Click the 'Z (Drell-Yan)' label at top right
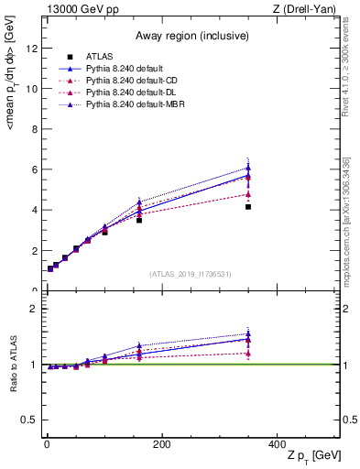click(x=310, y=9)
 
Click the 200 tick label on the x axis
click(x=161, y=443)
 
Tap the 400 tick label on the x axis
click(x=276, y=443)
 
